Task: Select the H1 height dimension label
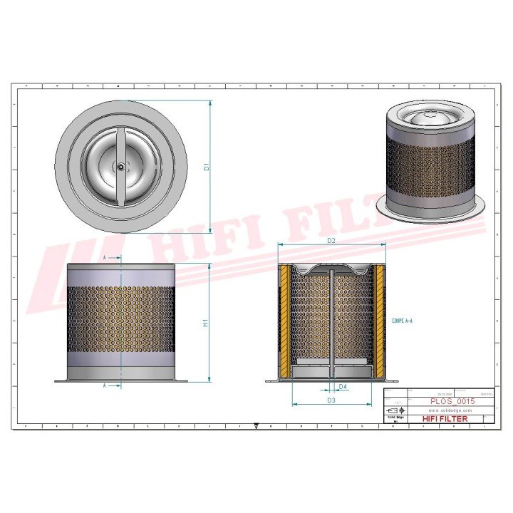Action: coord(206,323)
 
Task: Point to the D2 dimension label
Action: coord(331,241)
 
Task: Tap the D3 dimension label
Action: coord(331,400)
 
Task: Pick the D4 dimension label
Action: coord(343,387)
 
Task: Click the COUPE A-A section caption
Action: coord(402,321)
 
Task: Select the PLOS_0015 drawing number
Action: coord(452,402)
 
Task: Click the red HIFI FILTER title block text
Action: coord(445,419)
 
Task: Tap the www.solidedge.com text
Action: coord(450,411)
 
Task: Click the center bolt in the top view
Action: coord(121,167)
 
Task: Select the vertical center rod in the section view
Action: coord(332,321)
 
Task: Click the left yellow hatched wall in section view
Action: coord(285,321)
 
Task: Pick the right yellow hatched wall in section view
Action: coord(379,321)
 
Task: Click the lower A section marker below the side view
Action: coord(105,385)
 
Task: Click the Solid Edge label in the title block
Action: coord(395,418)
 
